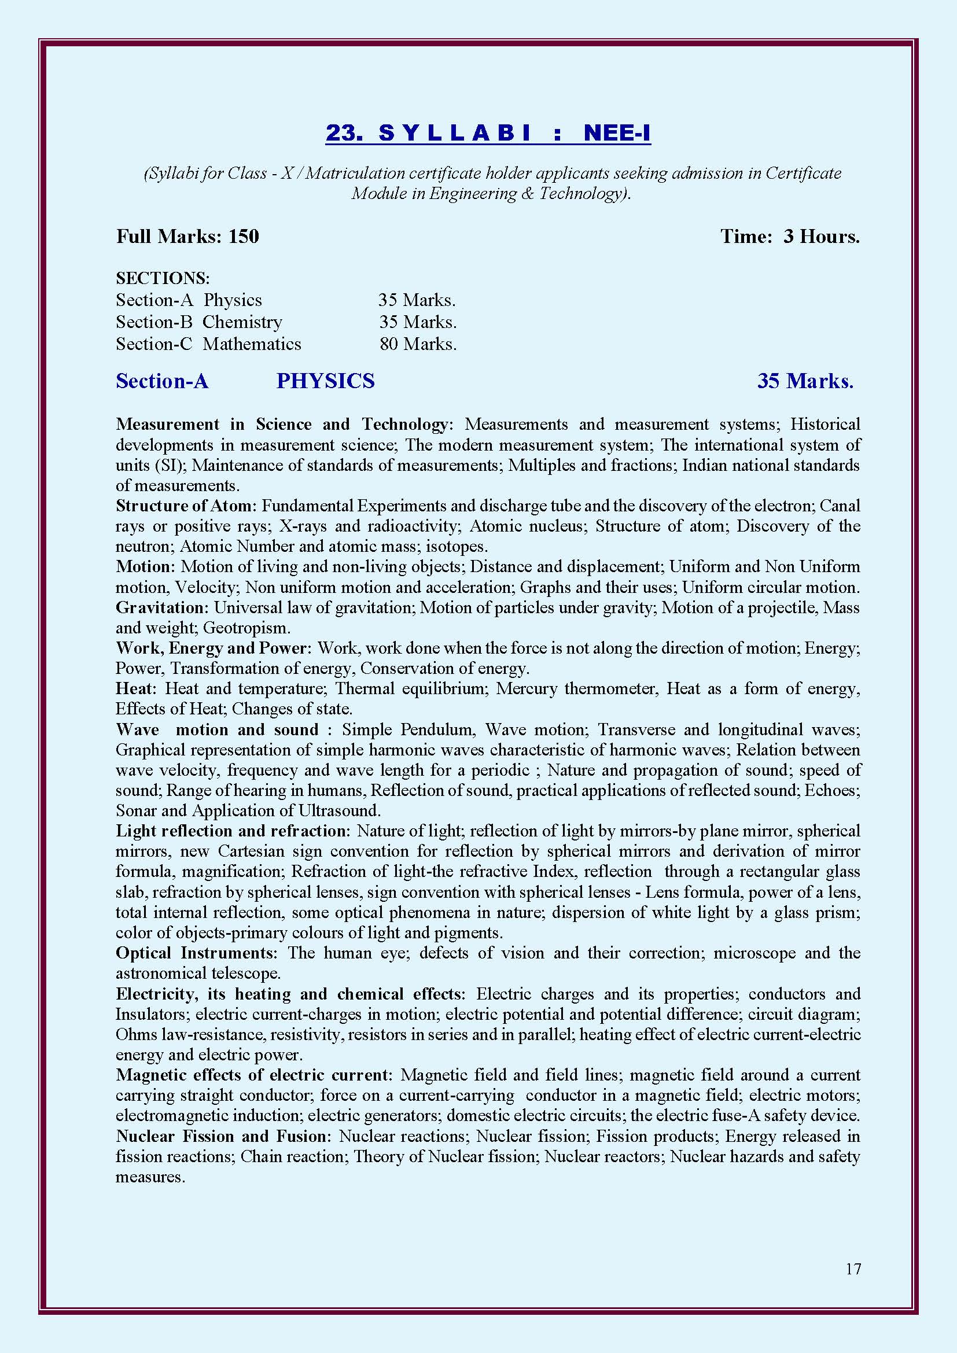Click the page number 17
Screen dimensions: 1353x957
(x=853, y=1269)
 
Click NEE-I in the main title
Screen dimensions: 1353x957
(x=617, y=133)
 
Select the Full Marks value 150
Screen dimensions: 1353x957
(x=244, y=237)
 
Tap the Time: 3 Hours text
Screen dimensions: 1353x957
(x=790, y=237)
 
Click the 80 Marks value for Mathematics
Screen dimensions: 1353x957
(x=418, y=344)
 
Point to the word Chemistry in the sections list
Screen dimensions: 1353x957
(x=242, y=322)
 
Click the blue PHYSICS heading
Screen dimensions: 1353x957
(x=325, y=381)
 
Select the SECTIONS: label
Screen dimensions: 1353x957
(x=163, y=278)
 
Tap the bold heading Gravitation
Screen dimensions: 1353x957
(x=161, y=607)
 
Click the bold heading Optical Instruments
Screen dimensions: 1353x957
(x=196, y=953)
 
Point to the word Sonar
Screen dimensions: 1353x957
(x=136, y=811)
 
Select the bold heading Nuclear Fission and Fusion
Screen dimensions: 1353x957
(x=224, y=1136)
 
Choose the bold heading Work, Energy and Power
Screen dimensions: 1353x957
(x=212, y=648)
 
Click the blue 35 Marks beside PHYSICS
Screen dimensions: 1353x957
(x=805, y=381)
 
